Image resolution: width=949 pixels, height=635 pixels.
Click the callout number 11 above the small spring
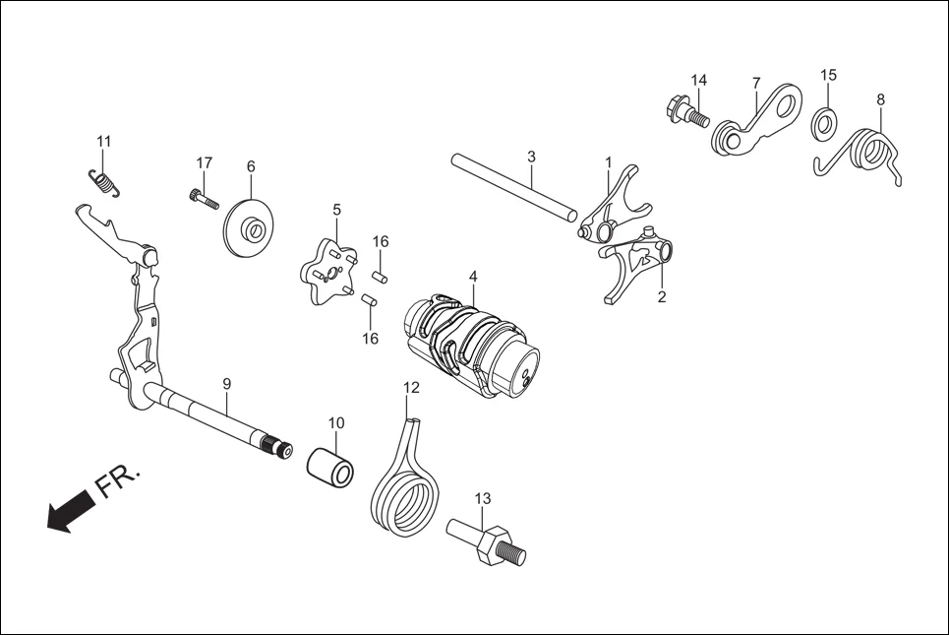tap(104, 140)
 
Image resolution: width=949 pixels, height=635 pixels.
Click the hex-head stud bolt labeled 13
tap(486, 543)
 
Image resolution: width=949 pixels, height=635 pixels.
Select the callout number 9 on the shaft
tap(226, 382)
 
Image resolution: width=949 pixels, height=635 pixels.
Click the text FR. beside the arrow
tap(119, 482)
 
